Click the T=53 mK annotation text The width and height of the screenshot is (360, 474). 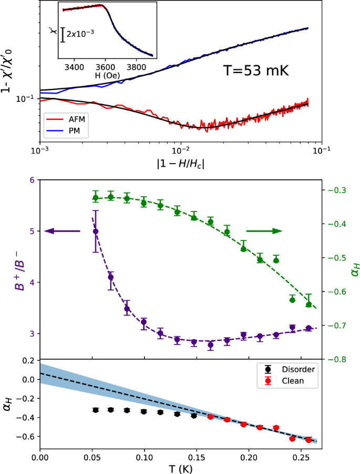(x=254, y=70)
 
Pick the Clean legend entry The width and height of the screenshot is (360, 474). (x=294, y=380)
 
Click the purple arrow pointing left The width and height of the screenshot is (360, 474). (x=63, y=231)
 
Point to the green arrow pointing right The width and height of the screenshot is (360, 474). (x=264, y=231)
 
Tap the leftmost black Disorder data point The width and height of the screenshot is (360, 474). (x=96, y=410)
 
